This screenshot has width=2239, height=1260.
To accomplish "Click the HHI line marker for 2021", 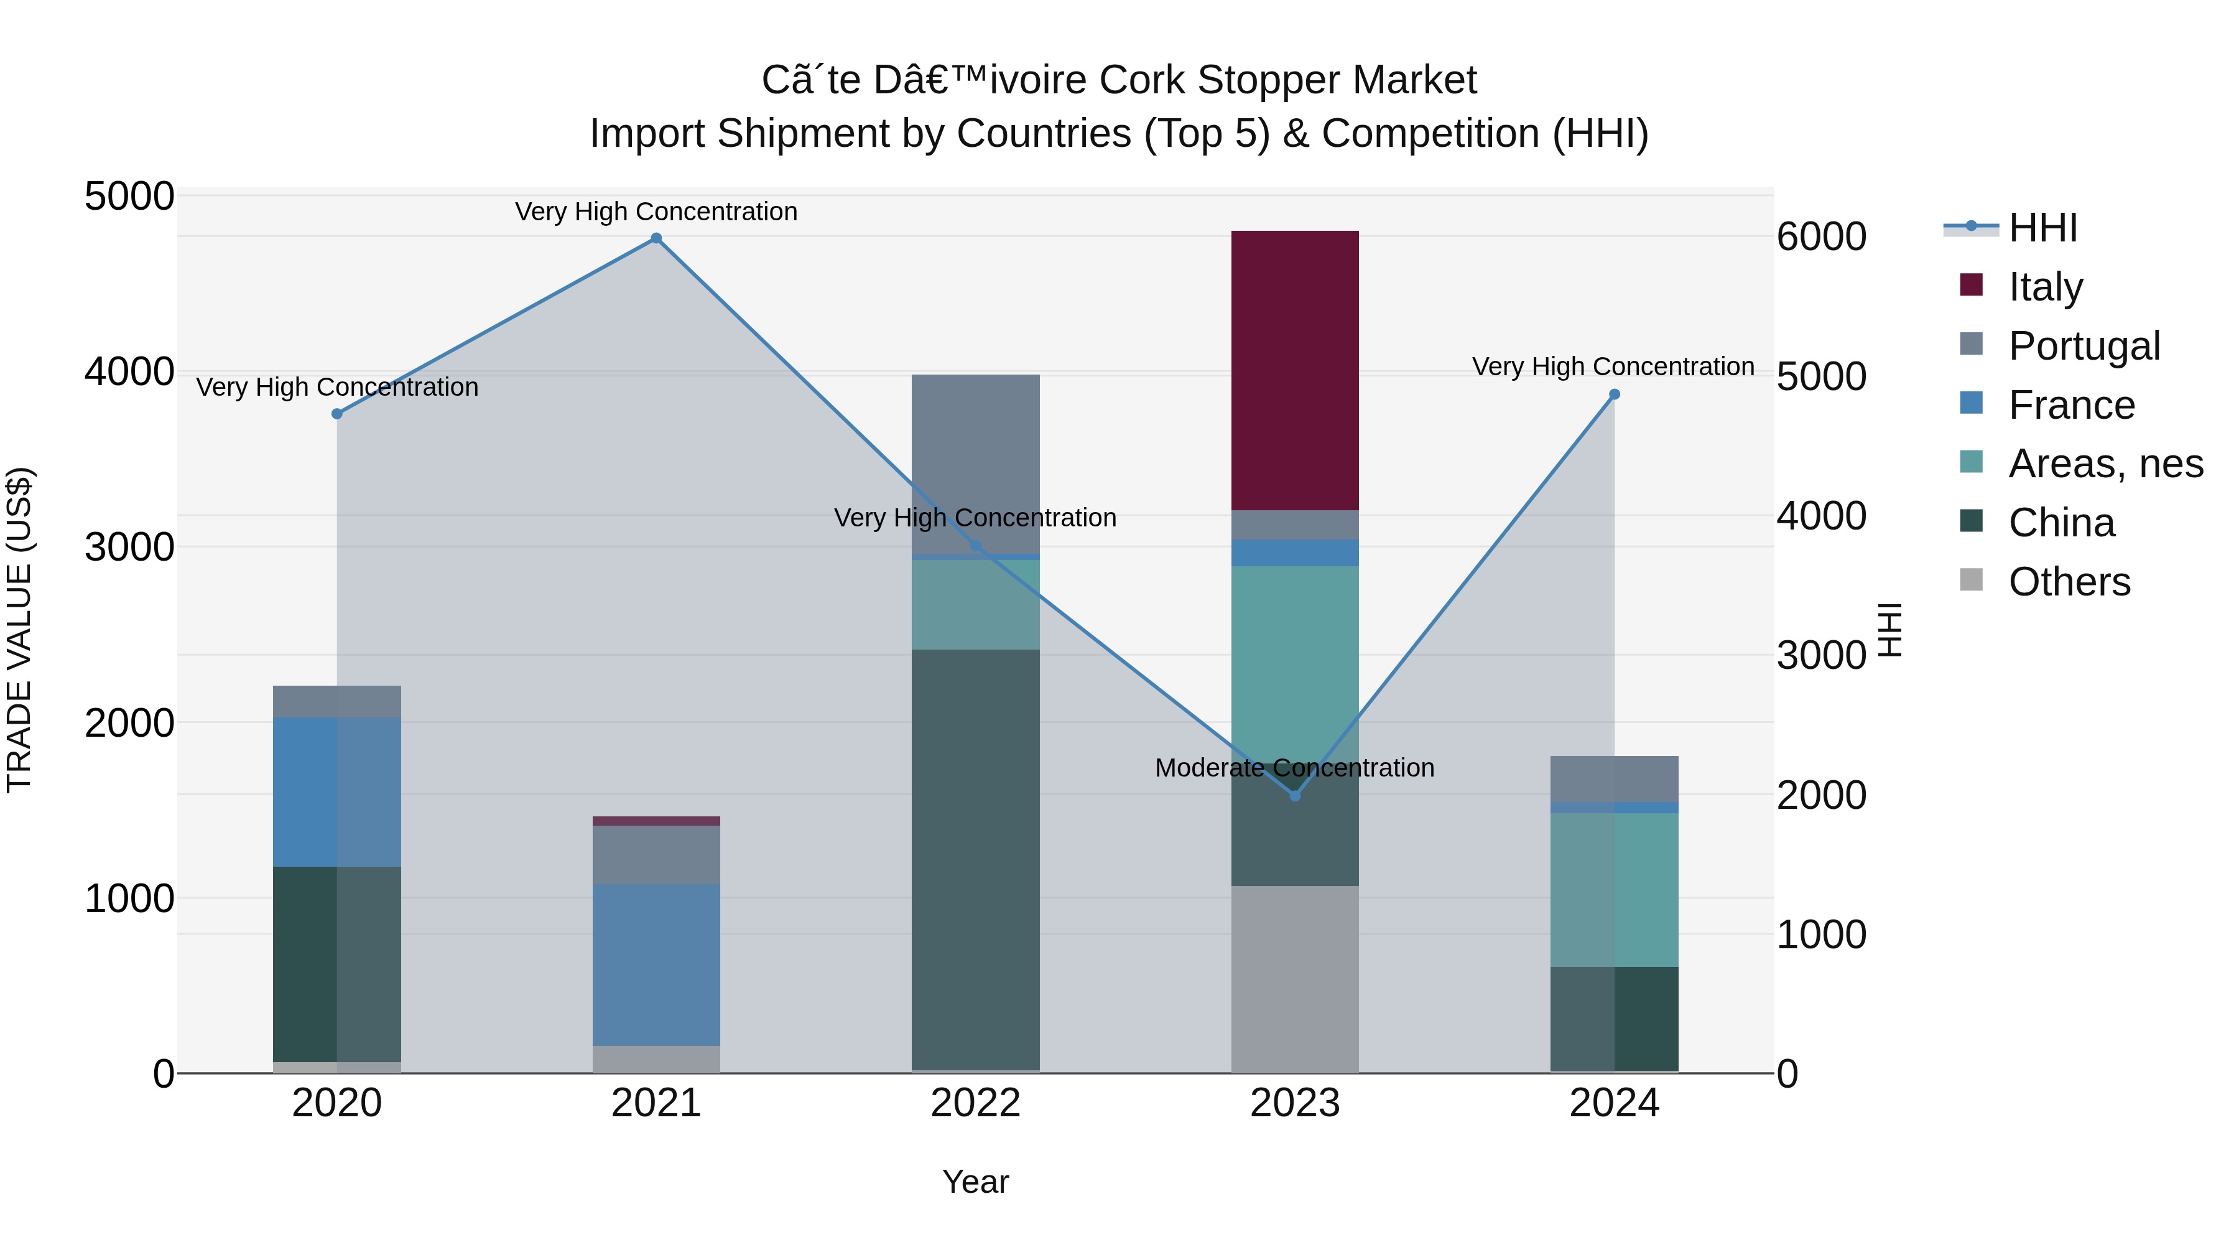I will click(x=656, y=238).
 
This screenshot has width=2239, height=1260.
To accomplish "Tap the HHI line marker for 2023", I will click(x=1295, y=796).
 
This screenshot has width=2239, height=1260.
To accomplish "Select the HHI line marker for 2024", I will click(x=1614, y=394).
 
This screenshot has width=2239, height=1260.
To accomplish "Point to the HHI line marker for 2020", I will click(x=337, y=414).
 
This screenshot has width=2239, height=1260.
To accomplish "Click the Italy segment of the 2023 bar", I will click(x=1295, y=370).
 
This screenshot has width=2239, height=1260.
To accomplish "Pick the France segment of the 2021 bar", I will click(x=656, y=964).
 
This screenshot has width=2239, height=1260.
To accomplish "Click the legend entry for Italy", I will click(x=2045, y=286).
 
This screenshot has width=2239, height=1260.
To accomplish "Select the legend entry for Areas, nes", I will click(x=2105, y=464).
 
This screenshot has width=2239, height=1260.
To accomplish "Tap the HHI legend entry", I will click(x=2042, y=228).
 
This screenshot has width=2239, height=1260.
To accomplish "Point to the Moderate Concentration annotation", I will click(x=1294, y=768).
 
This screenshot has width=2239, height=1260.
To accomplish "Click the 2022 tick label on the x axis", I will click(x=975, y=1103).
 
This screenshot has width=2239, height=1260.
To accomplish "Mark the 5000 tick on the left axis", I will click(x=129, y=197).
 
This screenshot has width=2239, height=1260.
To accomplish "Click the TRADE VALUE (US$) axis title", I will click(x=19, y=630).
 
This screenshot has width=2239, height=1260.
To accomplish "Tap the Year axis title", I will click(x=975, y=1182).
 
